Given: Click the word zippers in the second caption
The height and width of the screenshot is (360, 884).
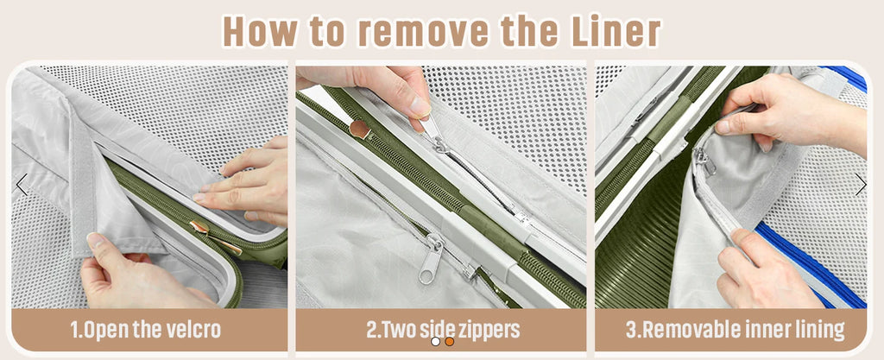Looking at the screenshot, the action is [x=488, y=330].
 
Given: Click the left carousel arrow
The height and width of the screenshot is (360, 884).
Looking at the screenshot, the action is [x=22, y=184].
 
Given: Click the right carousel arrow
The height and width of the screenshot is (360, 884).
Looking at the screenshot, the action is [x=861, y=184].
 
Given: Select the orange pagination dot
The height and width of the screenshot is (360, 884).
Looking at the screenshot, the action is [x=449, y=341].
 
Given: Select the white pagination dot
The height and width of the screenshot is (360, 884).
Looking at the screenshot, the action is [x=435, y=341].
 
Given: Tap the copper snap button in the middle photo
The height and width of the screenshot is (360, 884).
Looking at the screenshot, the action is [x=359, y=129].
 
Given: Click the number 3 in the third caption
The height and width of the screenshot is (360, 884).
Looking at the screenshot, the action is [x=631, y=330].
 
